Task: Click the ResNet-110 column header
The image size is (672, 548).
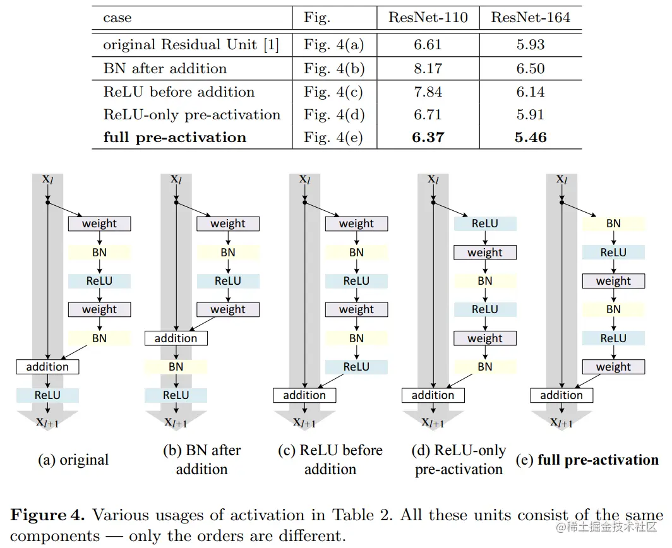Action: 428,18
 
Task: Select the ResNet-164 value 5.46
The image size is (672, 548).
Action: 531,137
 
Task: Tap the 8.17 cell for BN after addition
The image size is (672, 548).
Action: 428,68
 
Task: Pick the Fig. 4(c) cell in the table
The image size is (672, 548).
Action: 333,92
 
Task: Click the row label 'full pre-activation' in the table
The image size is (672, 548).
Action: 175,137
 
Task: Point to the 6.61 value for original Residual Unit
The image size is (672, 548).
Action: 428,45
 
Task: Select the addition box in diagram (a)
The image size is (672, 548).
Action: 47,366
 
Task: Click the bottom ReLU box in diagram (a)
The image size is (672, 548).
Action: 47,395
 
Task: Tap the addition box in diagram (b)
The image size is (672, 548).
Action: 176,338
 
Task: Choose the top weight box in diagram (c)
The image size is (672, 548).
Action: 356,223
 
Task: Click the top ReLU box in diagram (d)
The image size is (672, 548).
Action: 484,223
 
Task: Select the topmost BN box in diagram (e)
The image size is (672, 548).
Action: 613,223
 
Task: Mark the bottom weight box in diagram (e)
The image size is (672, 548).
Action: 613,367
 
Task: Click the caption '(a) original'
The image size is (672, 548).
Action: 73,460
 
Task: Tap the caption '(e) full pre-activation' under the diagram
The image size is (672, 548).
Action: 587,460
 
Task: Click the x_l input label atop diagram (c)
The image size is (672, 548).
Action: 304,180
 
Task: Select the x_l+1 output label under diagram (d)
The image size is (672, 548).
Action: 434,422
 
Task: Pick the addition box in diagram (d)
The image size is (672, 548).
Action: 433,395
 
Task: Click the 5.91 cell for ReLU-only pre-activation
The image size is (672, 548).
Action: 531,114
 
